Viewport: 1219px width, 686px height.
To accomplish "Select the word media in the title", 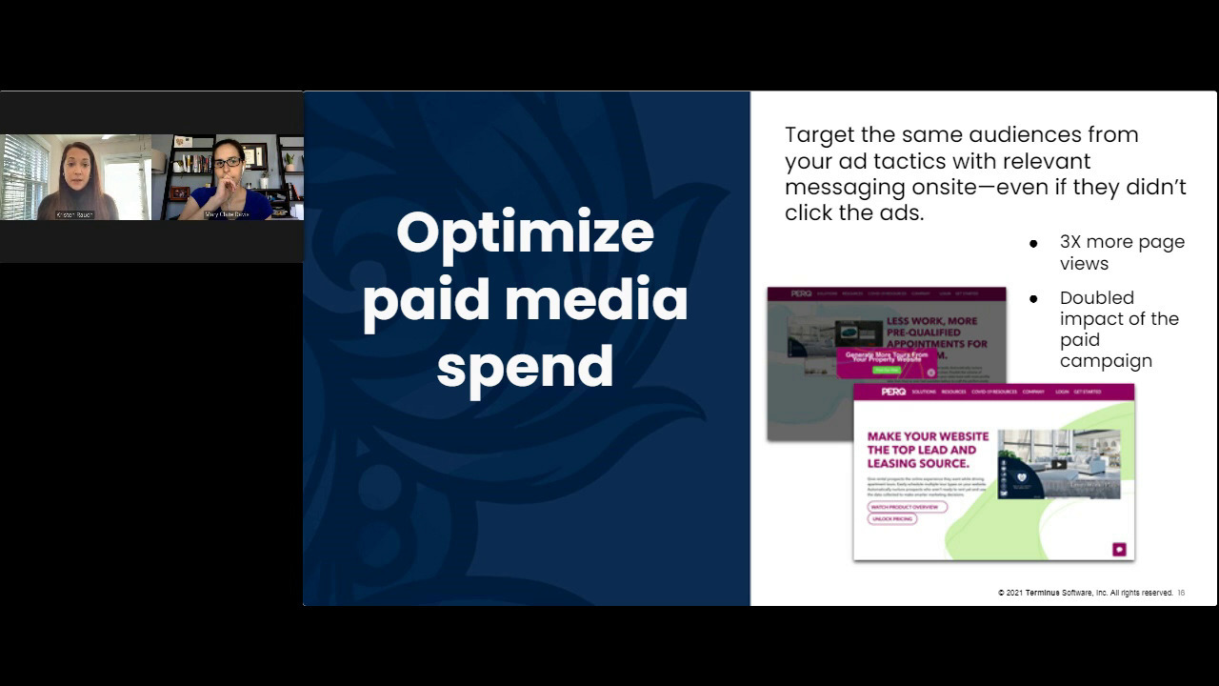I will [595, 300].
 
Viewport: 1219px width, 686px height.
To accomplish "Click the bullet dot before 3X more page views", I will [1033, 244].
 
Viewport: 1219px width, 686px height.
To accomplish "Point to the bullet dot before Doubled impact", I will [1033, 299].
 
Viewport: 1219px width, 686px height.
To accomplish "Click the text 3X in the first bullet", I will [1070, 242].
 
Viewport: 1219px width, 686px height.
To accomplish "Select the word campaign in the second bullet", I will [1106, 361].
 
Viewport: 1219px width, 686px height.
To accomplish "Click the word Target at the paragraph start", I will [818, 135].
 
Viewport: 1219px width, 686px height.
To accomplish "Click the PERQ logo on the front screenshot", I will [893, 392].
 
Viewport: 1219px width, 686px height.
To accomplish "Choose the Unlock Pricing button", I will [891, 519].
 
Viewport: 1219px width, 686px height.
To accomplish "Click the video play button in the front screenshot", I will [1058, 465].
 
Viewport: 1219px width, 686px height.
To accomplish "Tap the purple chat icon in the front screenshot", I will [1119, 549].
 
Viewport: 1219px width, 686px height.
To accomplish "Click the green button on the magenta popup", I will [886, 370].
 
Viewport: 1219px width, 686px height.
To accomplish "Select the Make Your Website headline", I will [928, 450].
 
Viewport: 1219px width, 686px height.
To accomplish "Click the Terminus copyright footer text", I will [1085, 593].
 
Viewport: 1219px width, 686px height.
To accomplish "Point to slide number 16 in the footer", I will [1181, 593].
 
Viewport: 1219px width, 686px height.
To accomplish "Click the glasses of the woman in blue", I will [227, 163].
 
